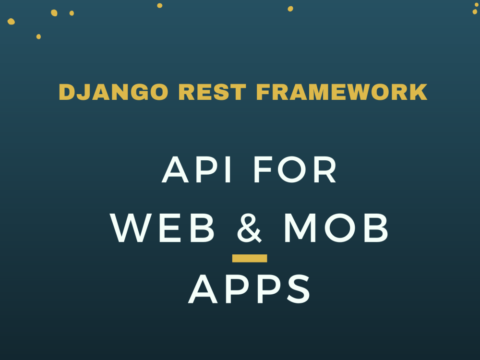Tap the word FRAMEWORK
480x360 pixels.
pyautogui.click(x=341, y=92)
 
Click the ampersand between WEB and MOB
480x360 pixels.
pyautogui.click(x=250, y=229)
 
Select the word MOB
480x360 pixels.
pyautogui.click(x=336, y=229)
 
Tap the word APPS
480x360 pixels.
pyautogui.click(x=250, y=290)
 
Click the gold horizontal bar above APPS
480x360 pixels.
pyautogui.click(x=250, y=258)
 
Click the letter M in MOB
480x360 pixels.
pyautogui.click(x=301, y=229)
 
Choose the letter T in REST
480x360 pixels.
pyautogui.click(x=240, y=92)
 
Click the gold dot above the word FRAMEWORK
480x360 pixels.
pyautogui.click(x=290, y=9)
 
